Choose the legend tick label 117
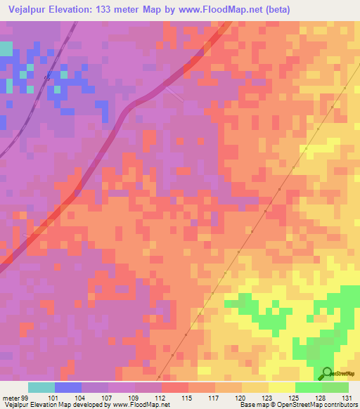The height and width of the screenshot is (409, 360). pyautogui.click(x=215, y=397)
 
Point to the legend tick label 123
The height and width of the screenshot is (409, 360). pyautogui.click(x=269, y=397)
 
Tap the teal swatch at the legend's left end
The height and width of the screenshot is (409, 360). pyautogui.click(x=41, y=387)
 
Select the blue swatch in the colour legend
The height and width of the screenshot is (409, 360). pyautogui.click(x=68, y=387)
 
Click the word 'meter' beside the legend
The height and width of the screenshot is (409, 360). pyautogui.click(x=10, y=397)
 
